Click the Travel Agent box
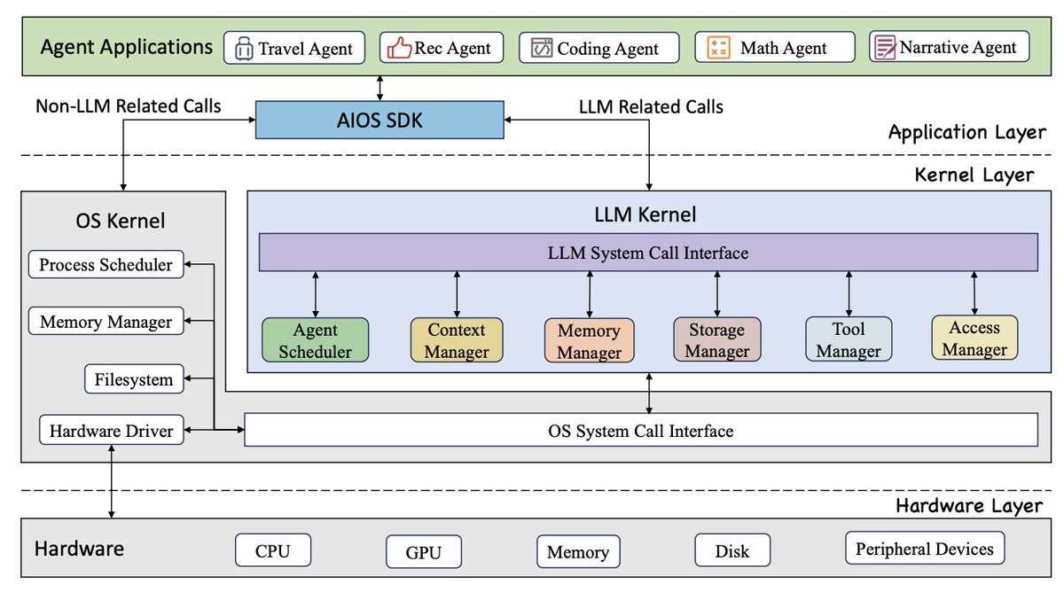click(x=294, y=48)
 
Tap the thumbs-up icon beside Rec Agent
click(x=399, y=48)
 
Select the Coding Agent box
click(x=599, y=48)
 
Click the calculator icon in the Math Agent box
click(x=718, y=48)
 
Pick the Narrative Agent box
click(x=950, y=46)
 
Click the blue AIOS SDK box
click(x=379, y=121)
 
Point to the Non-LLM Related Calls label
click(x=129, y=105)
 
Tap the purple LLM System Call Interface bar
click(x=648, y=252)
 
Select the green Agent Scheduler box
click(x=316, y=339)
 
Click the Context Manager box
click(x=457, y=339)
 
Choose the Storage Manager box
click(x=717, y=339)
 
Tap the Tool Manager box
click(x=849, y=339)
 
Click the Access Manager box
click(x=974, y=338)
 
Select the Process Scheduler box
click(x=106, y=264)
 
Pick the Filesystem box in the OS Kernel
click(x=134, y=378)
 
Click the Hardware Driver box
click(x=112, y=430)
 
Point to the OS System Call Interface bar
click(x=641, y=430)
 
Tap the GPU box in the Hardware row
click(x=424, y=551)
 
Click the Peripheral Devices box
click(x=925, y=549)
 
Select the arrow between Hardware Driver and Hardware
click(x=111, y=481)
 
